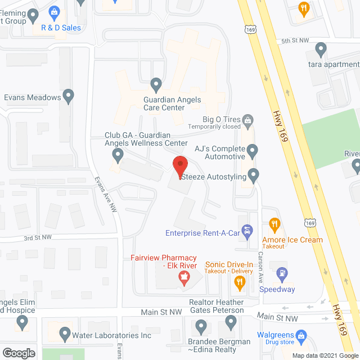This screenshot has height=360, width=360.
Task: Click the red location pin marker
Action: pyautogui.click(x=180, y=167)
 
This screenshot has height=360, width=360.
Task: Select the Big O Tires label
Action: pyautogui.click(x=222, y=119)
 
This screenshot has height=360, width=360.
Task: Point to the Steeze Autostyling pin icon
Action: pyautogui.click(x=254, y=175)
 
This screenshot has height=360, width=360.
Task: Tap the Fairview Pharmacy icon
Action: pyautogui.click(x=182, y=277)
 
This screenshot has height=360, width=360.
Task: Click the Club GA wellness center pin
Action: pyautogui.click(x=118, y=154)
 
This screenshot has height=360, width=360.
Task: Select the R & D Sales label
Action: pyautogui.click(x=61, y=28)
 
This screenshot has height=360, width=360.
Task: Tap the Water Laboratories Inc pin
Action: pyautogui.click(x=63, y=336)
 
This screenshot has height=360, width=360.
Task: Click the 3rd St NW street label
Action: pyautogui.click(x=38, y=238)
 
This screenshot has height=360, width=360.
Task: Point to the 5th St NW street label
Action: pyautogui.click(x=295, y=41)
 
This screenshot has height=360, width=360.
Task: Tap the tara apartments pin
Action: pyautogui.click(x=321, y=49)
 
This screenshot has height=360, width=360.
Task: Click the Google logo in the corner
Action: pyautogui.click(x=18, y=353)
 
